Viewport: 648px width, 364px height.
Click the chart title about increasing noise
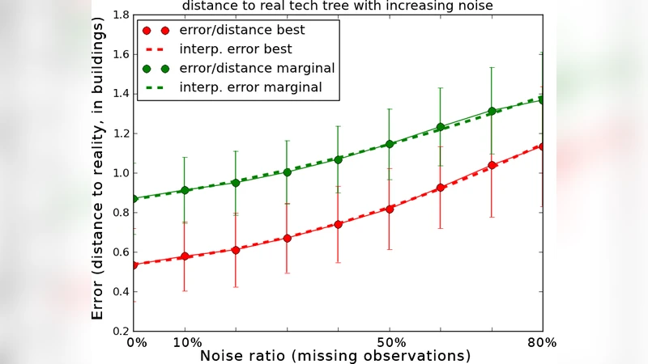pos(337,6)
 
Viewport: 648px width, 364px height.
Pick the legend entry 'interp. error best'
pos(236,49)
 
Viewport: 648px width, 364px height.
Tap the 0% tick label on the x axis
pos(137,342)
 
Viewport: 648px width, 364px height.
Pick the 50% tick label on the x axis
pos(390,342)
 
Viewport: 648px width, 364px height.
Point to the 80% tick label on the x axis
pos(541,342)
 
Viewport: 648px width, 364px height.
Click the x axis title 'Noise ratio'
pos(335,356)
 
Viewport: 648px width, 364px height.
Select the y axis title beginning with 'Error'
pos(98,171)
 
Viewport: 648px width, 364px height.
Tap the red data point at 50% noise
pos(390,209)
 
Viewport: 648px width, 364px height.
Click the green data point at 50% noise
pos(390,144)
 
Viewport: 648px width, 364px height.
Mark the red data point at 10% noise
pos(185,256)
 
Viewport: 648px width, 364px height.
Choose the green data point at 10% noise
pos(185,190)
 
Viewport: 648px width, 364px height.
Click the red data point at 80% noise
pos(541,146)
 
